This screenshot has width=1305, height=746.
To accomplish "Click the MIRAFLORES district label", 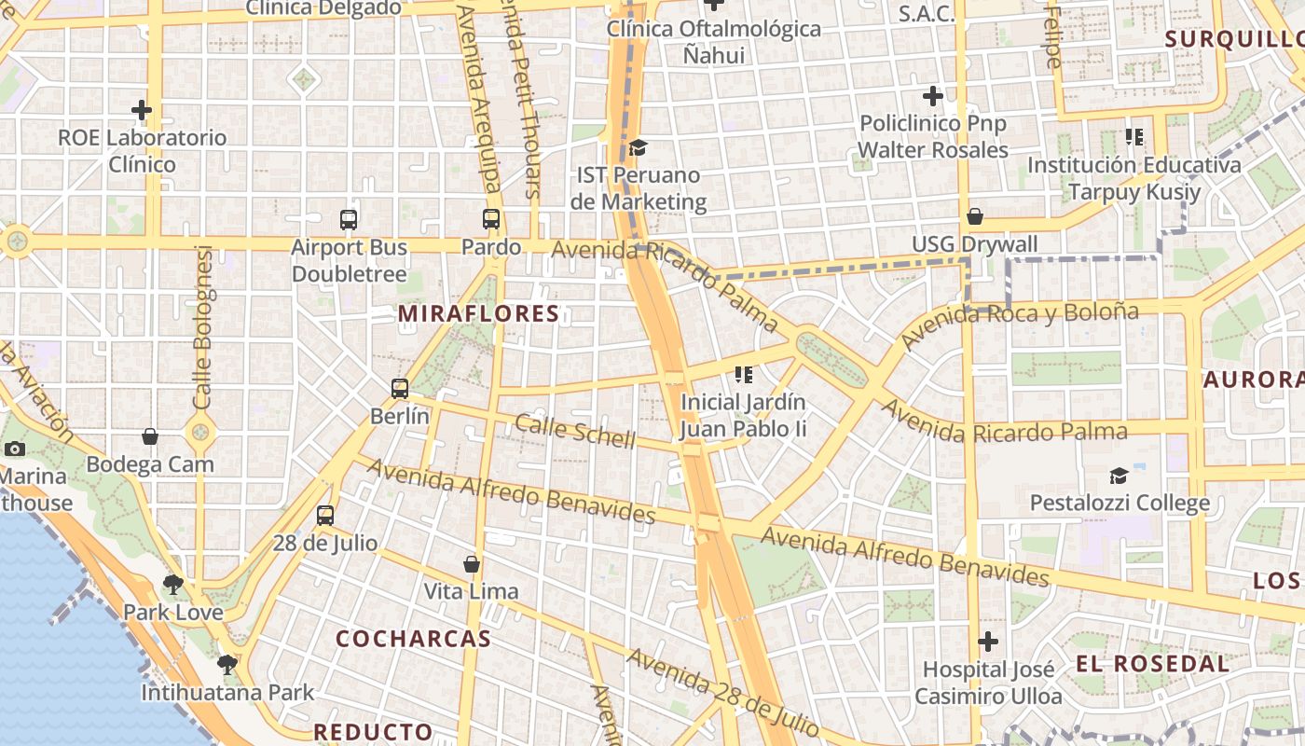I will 478,314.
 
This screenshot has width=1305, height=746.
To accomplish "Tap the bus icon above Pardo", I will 491,220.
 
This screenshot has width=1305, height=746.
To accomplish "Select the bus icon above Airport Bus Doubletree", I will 349,220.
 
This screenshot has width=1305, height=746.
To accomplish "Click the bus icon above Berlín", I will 400,389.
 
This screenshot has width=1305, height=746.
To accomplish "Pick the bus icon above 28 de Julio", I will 325,516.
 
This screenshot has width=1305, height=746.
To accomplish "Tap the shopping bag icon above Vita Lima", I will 472,564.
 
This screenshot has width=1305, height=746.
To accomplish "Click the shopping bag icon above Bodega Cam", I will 150,436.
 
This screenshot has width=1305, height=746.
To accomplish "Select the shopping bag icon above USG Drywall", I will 975,216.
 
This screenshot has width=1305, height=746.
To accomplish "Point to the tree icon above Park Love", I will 172,585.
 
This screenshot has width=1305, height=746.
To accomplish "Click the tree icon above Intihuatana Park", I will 227,665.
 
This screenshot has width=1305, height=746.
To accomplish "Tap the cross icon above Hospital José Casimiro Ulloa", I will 988,642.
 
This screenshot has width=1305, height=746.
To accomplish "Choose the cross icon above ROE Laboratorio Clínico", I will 142,110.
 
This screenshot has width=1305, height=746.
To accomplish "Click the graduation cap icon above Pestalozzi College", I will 1120,476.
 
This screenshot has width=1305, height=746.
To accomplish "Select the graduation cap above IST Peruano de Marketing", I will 638,147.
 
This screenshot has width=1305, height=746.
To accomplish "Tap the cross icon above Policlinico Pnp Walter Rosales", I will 933,96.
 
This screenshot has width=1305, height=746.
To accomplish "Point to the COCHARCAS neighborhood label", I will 413,639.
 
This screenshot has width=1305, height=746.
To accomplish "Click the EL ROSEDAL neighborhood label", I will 1153,664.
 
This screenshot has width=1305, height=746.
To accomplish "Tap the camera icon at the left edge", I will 15,449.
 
